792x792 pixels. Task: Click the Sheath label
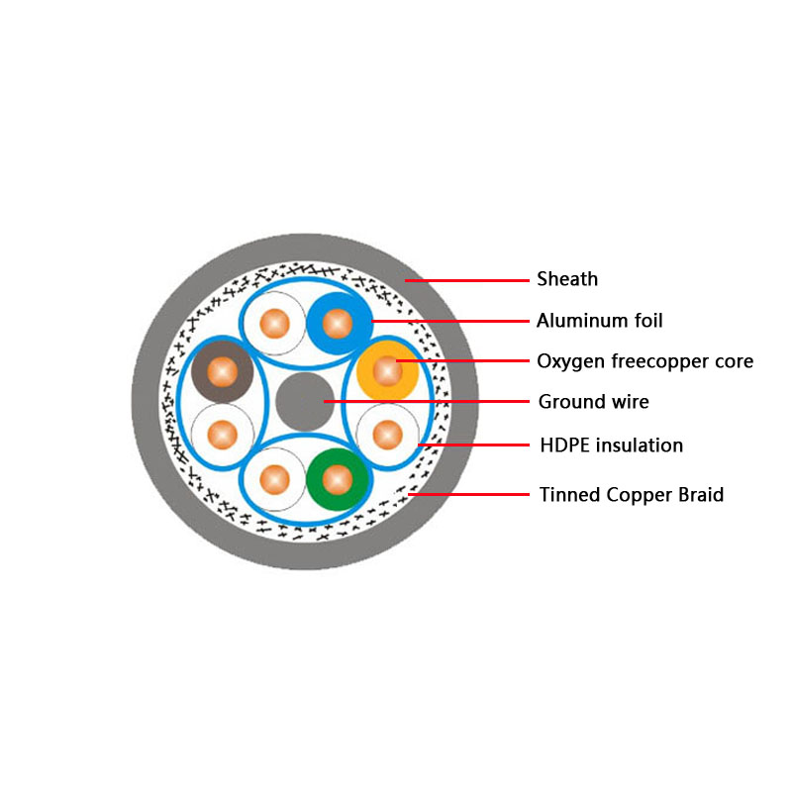pyautogui.click(x=567, y=279)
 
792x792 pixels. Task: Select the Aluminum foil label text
pyautogui.click(x=599, y=321)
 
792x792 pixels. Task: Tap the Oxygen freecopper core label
pyautogui.click(x=644, y=361)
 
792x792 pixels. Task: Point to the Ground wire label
pyautogui.click(x=593, y=402)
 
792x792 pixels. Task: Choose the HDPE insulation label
pyautogui.click(x=611, y=445)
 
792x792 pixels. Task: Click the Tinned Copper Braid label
pyautogui.click(x=631, y=494)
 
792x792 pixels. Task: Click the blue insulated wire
pyautogui.click(x=338, y=323)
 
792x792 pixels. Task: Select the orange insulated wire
pyautogui.click(x=386, y=370)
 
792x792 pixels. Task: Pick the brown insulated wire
pyautogui.click(x=222, y=371)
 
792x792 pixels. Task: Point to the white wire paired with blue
pyautogui.click(x=275, y=323)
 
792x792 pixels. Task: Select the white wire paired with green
pyautogui.click(x=275, y=479)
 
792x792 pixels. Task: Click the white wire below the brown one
pyautogui.click(x=222, y=433)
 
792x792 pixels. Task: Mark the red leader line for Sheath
pyautogui.click(x=465, y=280)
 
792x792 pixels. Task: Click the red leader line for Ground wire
pyautogui.click(x=426, y=402)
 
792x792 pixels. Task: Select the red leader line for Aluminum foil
pyautogui.click(x=450, y=321)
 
